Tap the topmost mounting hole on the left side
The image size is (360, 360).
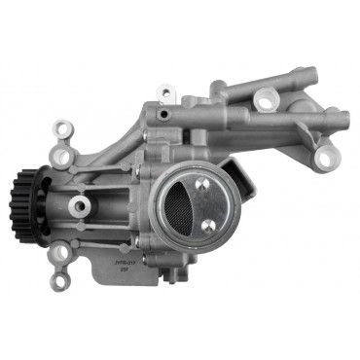64,127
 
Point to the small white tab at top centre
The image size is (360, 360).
166,93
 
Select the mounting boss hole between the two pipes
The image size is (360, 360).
265,98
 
